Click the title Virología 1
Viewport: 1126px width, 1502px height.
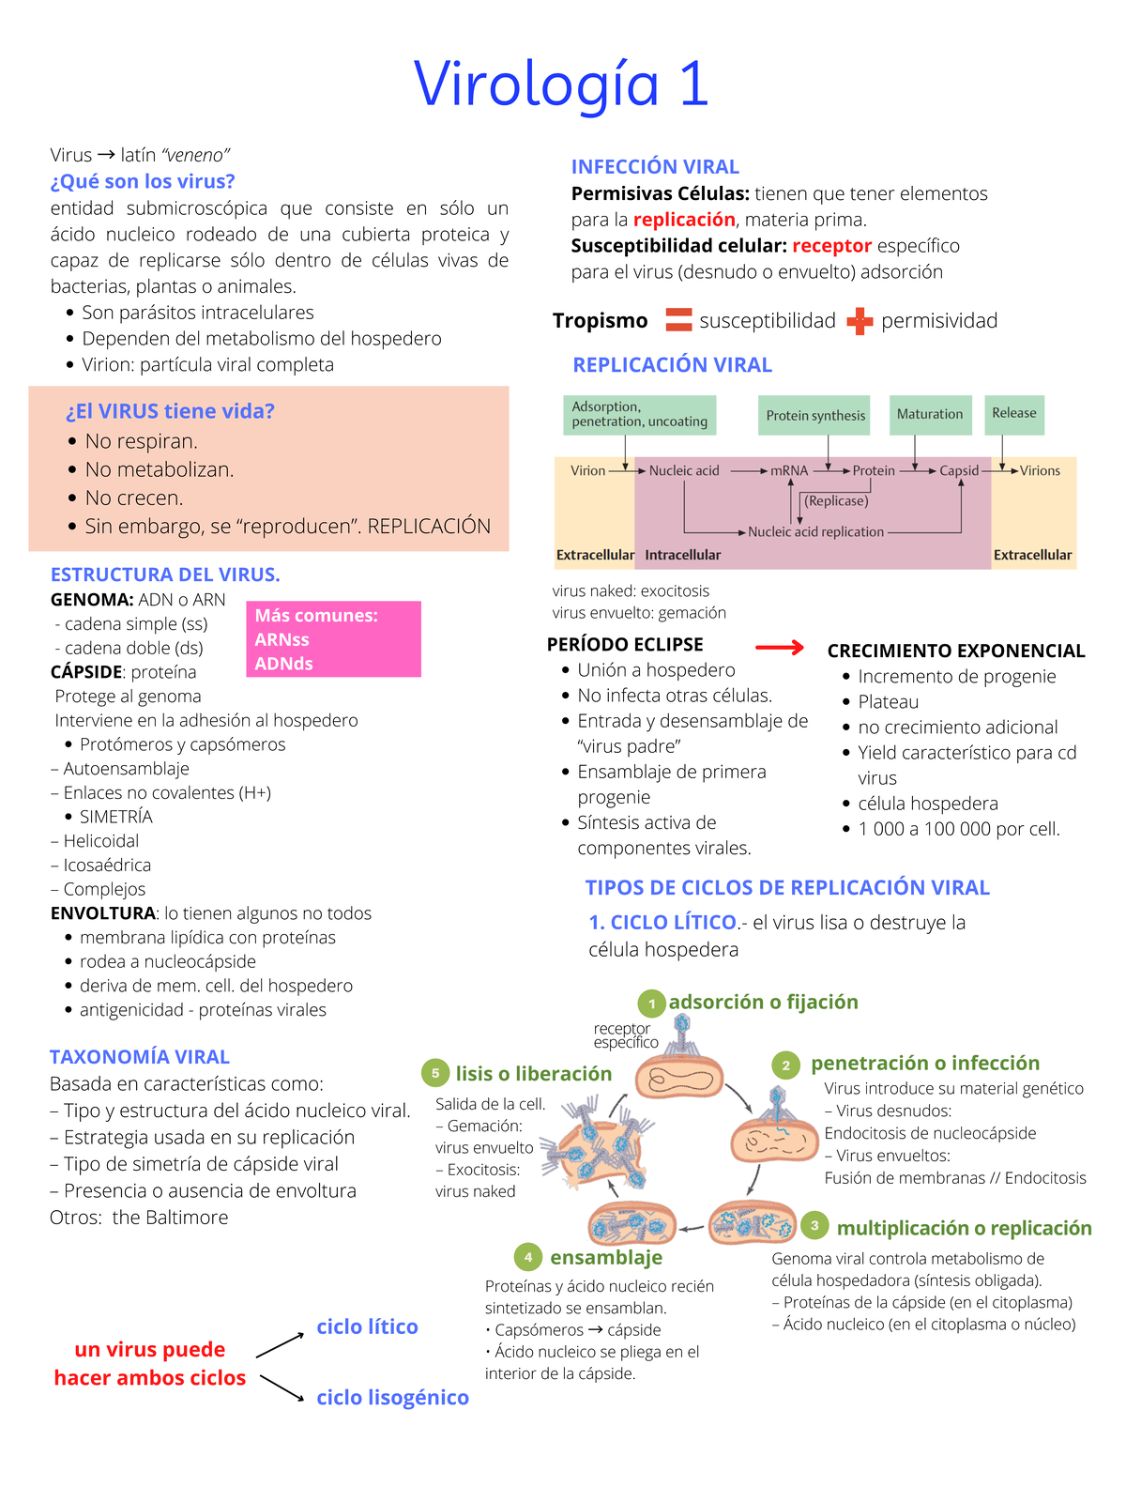point(561,84)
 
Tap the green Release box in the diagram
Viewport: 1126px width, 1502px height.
point(1013,414)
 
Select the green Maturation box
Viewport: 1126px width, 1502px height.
point(929,415)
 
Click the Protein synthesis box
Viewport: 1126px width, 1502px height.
point(814,416)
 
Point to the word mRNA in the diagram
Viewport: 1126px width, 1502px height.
point(789,470)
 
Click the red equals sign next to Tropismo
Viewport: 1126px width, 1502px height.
point(678,320)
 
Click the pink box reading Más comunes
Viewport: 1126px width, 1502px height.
point(333,639)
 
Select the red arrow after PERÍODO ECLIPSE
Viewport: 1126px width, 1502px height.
point(780,647)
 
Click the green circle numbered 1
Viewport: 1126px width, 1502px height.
point(651,1004)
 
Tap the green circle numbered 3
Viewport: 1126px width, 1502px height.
point(814,1225)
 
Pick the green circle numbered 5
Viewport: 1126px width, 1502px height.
point(435,1073)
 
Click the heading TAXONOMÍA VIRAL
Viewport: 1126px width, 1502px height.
point(140,1057)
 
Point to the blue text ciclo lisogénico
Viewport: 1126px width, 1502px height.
point(392,1397)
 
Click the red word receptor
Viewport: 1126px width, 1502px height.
point(831,246)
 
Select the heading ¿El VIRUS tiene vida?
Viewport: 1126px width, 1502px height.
point(170,411)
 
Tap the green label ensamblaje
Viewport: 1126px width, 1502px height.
point(606,1257)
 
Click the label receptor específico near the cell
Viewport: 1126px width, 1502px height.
point(626,1035)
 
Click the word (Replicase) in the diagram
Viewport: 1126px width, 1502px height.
point(836,501)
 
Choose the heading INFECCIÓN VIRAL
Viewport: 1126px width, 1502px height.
point(655,167)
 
